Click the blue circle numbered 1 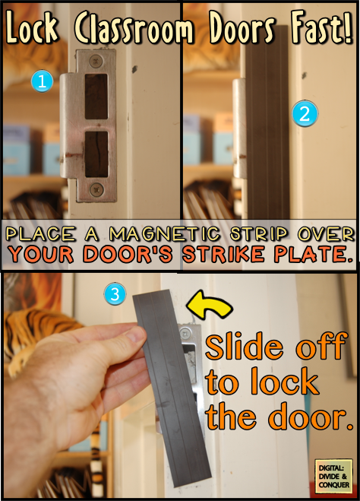pos(42,81)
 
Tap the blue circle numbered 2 pos(305,114)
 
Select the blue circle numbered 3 pos(115,294)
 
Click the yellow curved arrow pos(210,305)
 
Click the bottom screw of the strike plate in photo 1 pos(96,189)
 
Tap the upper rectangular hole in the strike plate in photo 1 pos(96,97)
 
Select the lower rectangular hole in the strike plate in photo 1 pos(96,154)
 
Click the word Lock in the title pos(32,27)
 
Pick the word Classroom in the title pos(134,28)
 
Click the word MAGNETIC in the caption pos(164,233)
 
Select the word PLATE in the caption pos(314,254)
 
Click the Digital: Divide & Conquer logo pos(333,476)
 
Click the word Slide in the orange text pos(244,346)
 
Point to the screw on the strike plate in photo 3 pos(185,335)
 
